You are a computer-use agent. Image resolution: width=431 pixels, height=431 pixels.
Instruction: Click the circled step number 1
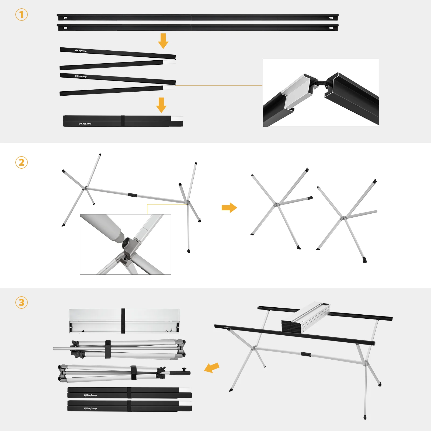(22, 15)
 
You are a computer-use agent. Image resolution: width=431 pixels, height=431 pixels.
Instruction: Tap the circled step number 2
(22, 162)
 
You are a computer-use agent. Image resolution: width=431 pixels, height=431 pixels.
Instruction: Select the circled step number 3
(22, 303)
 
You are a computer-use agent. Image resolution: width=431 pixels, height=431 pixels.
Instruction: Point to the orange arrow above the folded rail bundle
(161, 105)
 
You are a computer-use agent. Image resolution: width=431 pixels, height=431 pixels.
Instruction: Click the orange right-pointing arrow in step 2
(229, 208)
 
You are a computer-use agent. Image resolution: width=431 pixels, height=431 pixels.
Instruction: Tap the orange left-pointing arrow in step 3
(212, 367)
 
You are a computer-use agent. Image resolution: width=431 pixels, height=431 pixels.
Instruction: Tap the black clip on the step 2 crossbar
(132, 195)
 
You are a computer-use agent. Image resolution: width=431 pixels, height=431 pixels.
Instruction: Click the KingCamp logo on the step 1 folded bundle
(85, 124)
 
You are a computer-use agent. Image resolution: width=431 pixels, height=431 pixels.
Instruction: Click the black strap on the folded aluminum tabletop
(123, 321)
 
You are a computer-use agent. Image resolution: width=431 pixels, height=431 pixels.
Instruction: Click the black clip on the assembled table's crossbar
(305, 354)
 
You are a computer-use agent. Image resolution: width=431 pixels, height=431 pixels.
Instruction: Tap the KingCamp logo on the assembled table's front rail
(227, 328)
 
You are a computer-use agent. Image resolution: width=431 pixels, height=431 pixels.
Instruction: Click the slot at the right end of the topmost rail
(331, 18)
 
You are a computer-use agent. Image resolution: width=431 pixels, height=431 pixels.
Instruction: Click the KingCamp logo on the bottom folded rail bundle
(90, 408)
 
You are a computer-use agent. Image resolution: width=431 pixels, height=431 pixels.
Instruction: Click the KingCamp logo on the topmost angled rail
(81, 51)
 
